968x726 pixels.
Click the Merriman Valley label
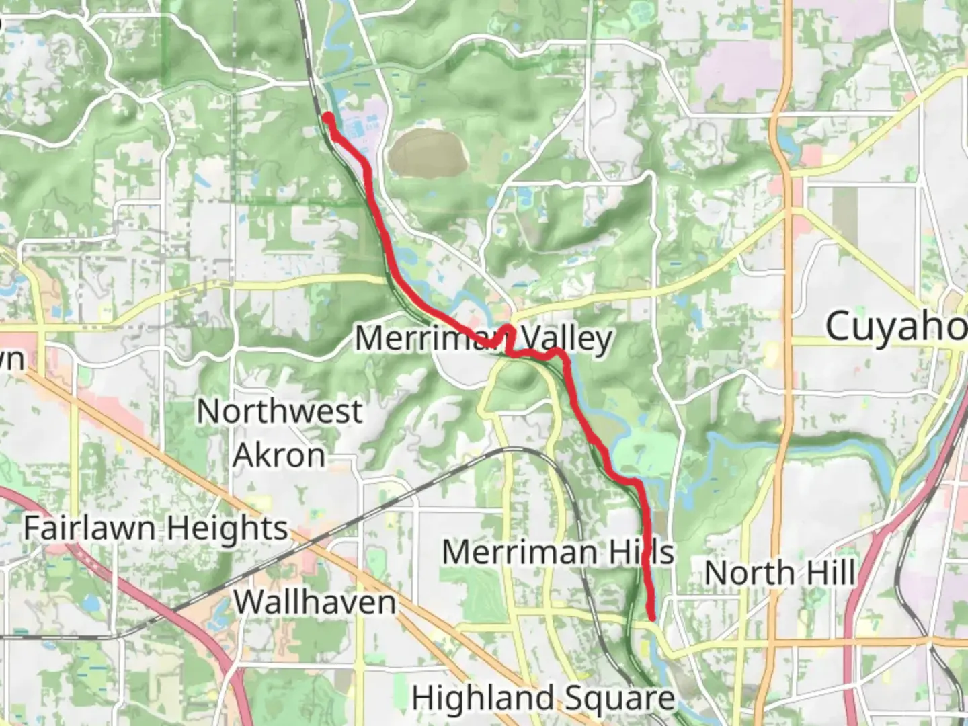coord(483,338)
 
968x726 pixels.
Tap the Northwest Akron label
coord(280,433)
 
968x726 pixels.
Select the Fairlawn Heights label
coord(155,529)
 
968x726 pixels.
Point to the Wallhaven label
coord(315,602)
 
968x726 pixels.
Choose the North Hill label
coord(780,573)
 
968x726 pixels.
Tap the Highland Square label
coord(543,698)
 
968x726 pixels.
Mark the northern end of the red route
coord(329,118)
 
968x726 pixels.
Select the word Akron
coord(280,456)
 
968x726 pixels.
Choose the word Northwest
coord(280,411)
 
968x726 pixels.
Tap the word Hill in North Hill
coord(831,573)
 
